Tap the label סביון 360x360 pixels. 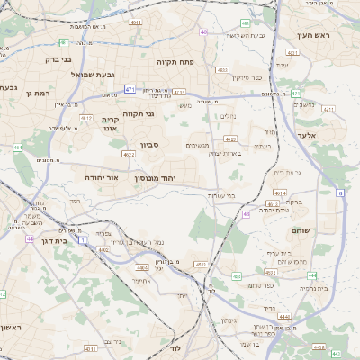tap(149, 144)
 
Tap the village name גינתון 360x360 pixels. tap(229, 320)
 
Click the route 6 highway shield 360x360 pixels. tap(341, 193)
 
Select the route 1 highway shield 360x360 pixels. tap(84, 240)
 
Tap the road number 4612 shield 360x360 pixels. tap(87, 118)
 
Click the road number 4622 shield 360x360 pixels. tap(129, 155)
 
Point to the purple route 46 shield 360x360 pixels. tap(247, 214)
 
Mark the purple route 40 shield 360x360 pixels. tap(204, 31)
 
